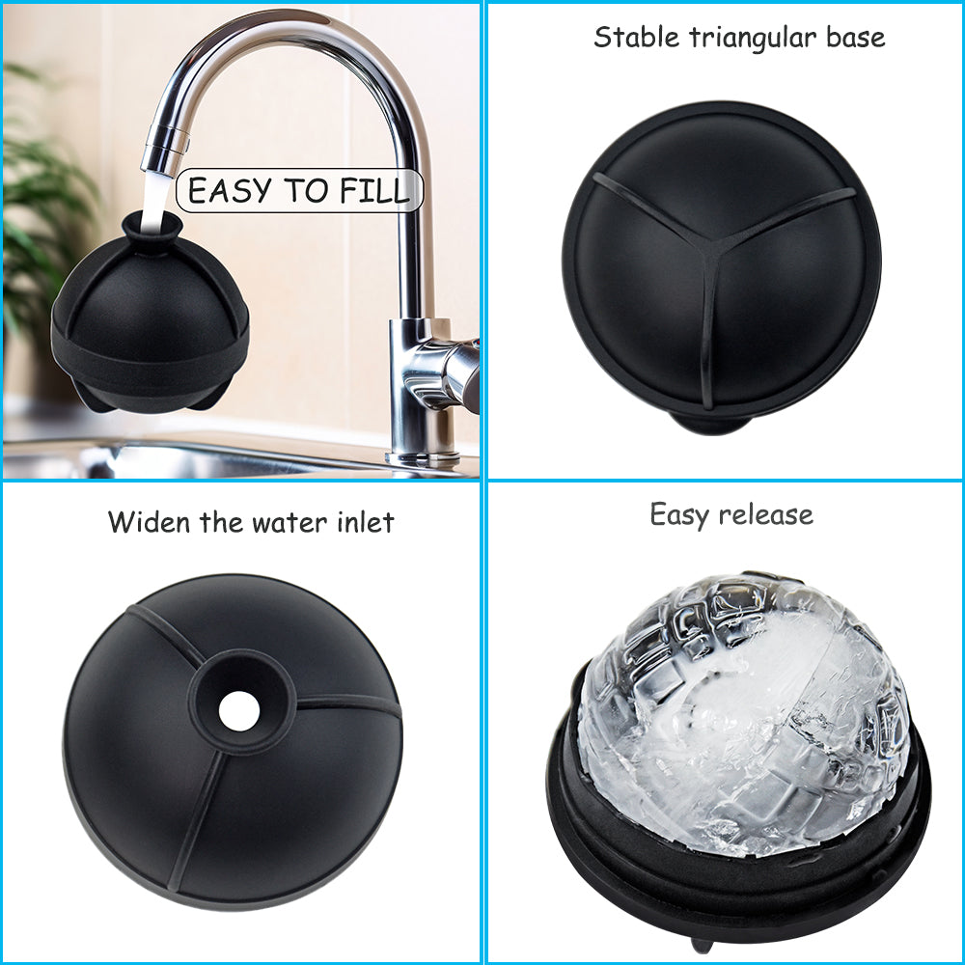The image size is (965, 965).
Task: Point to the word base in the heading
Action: tap(855, 38)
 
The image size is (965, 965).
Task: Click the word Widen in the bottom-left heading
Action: tap(149, 522)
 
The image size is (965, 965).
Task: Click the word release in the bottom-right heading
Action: tap(765, 515)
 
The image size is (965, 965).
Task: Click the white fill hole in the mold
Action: tap(238, 711)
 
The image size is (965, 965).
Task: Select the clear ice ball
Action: tap(743, 713)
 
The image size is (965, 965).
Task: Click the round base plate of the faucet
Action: tap(423, 458)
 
